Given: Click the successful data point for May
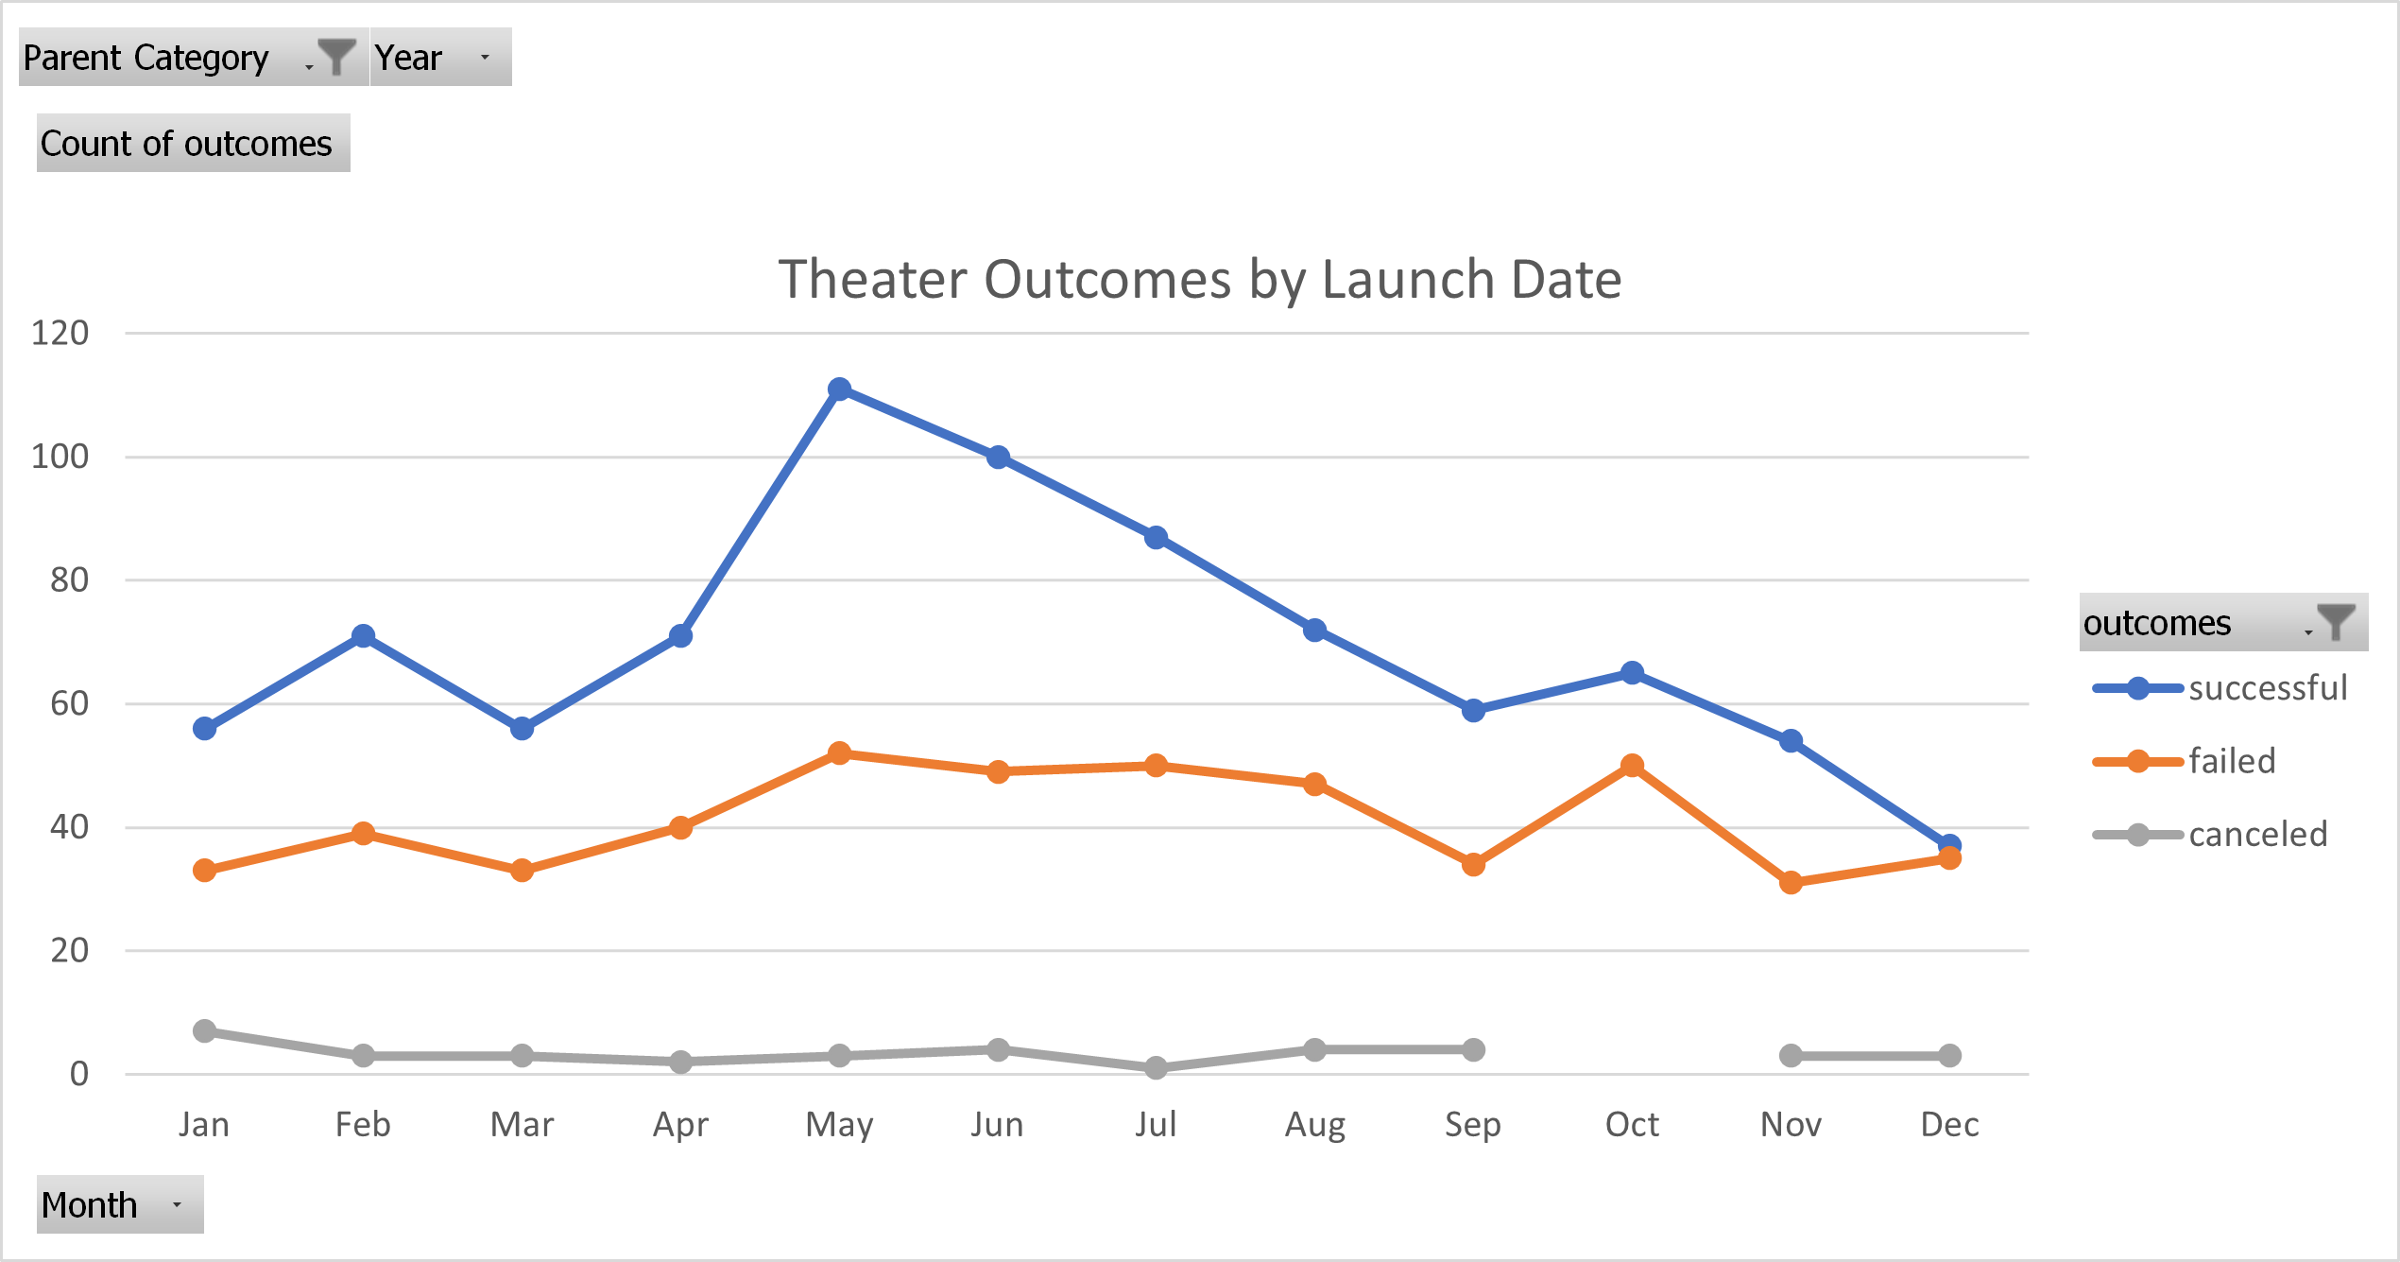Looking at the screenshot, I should pos(839,389).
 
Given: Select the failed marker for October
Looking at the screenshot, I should pos(1632,766).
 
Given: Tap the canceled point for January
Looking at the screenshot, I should pos(204,1030).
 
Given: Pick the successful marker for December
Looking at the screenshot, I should pos(1949,845).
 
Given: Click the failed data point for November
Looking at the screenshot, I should pos(1791,882).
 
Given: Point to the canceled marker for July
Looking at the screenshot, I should pos(1156,1067).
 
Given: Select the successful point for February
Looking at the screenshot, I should pos(363,636).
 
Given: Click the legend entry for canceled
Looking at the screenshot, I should pos(2257,835).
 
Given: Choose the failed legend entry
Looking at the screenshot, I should pos(2232,761).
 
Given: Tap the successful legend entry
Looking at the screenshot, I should pos(2267,688).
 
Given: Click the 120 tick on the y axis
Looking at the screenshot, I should pos(60,333).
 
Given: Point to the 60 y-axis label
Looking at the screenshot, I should pos(70,703).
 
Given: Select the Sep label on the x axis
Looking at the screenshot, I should pos(1473,1124).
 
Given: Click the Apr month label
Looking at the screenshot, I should pos(680,1124).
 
